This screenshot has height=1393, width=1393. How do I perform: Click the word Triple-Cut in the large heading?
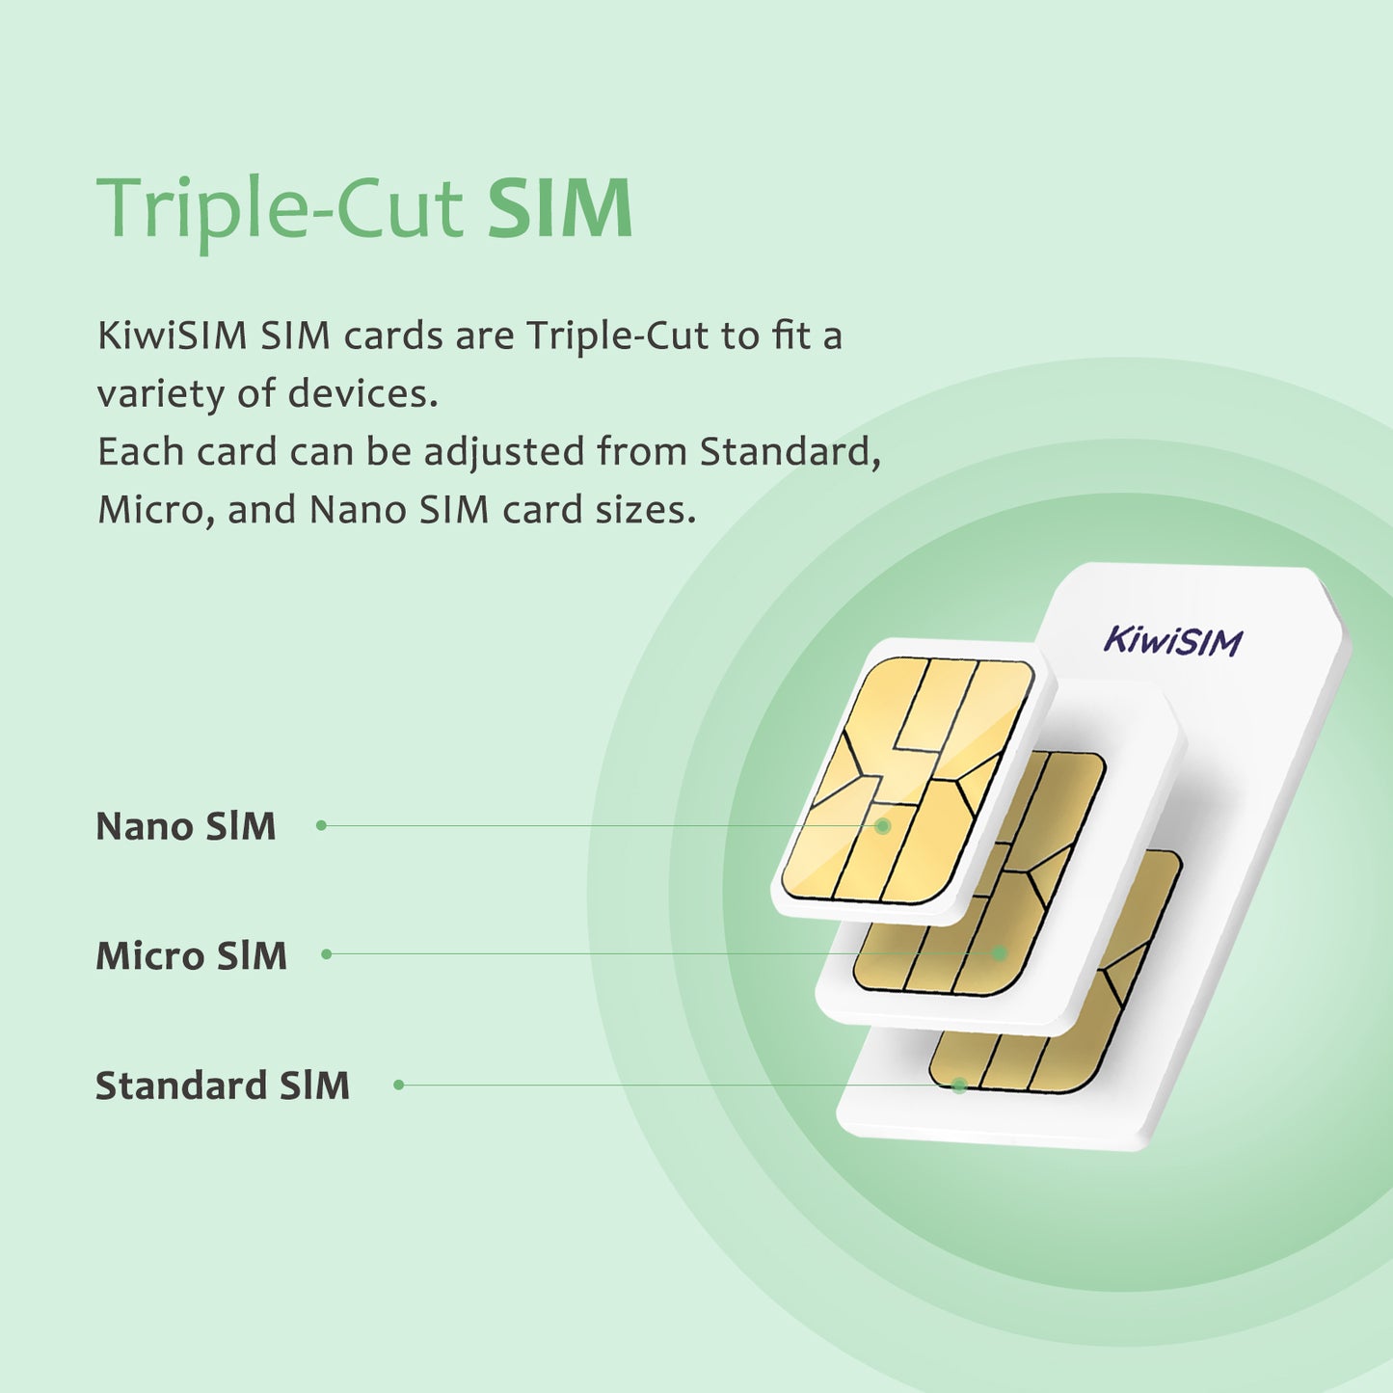(x=280, y=210)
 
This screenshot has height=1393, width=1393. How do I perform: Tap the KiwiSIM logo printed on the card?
(x=1173, y=641)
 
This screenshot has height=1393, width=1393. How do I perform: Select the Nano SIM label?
(x=186, y=826)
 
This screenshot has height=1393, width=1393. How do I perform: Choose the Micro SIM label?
(x=192, y=955)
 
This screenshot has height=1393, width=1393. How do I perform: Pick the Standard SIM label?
(x=223, y=1085)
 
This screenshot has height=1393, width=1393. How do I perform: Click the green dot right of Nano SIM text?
(x=321, y=825)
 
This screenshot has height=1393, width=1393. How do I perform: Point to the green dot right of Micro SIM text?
(x=327, y=954)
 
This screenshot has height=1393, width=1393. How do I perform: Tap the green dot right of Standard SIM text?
(x=399, y=1085)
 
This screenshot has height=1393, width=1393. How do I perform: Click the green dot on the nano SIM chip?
(x=882, y=826)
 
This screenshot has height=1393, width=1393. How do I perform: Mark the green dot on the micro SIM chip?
(x=1000, y=953)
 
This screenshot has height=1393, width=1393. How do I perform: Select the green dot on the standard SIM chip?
(x=959, y=1085)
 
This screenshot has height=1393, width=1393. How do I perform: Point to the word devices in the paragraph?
(x=362, y=393)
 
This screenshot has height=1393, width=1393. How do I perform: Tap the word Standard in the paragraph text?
(x=790, y=451)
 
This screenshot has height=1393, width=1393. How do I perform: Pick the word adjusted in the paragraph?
(x=504, y=452)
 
